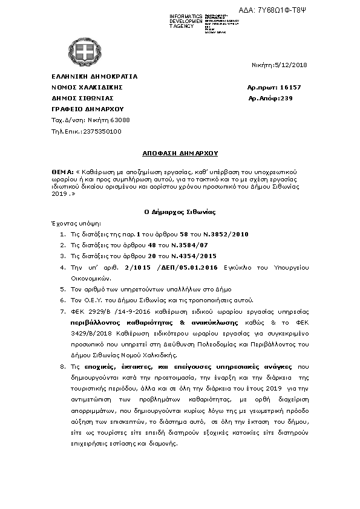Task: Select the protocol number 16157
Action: pyautogui.click(x=290, y=87)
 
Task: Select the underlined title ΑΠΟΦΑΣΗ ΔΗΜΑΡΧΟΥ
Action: pyautogui.click(x=180, y=154)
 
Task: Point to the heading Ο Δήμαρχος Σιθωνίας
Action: pyautogui.click(x=180, y=212)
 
